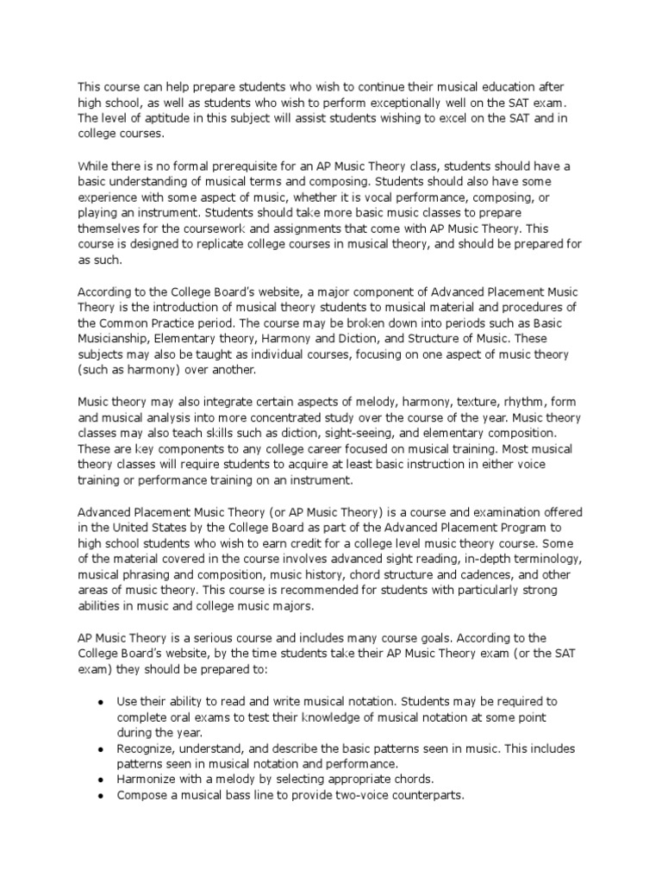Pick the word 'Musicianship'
click(x=116, y=340)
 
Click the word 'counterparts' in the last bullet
click(x=423, y=795)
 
